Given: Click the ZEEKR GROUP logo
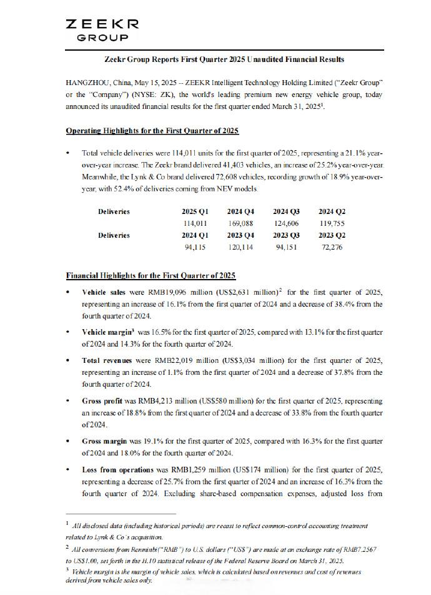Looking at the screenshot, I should pos(102,30).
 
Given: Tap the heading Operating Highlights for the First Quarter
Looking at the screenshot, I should pos(152,130).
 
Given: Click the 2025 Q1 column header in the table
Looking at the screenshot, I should pos(194,211).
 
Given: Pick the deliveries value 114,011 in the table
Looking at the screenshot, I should pos(194,223).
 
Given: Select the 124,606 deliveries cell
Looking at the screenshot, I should pos(286,223).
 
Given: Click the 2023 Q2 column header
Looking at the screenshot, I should pos(332,235).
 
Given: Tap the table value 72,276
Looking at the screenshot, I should pos(332,247).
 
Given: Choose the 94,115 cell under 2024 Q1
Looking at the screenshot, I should pos(194,247).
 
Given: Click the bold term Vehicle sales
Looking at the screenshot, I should pos(103,292).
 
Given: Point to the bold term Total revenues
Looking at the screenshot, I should pos(107,361).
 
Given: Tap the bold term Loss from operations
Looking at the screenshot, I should pos(117,469).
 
